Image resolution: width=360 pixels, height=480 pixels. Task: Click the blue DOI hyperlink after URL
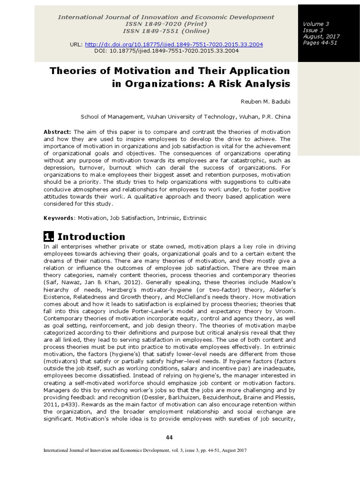coord(181,44)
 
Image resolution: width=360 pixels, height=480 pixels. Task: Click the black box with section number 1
coord(48,236)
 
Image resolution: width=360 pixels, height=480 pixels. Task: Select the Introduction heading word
coord(91,236)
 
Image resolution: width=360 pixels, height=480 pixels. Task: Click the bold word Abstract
coord(57,131)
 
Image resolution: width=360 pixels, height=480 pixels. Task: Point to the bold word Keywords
coord(59,218)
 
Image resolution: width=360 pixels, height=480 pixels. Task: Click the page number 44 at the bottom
coord(169,437)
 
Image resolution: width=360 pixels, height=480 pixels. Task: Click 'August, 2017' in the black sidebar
coord(322,36)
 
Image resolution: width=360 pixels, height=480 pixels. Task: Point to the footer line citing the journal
coord(145,450)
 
